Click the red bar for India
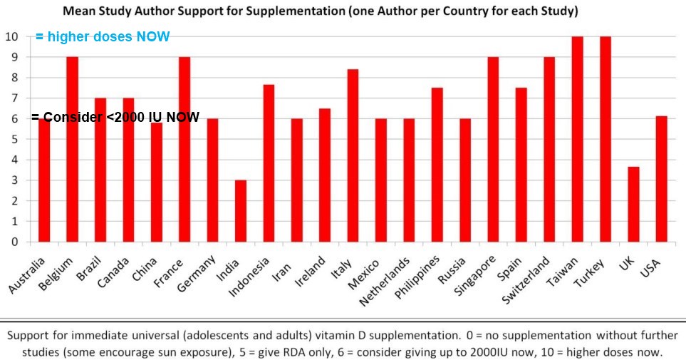click(x=241, y=211)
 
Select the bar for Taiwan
click(x=577, y=139)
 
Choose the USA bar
click(x=661, y=179)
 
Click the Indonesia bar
click(x=269, y=163)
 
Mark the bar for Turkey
click(x=605, y=139)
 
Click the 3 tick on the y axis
click(x=14, y=180)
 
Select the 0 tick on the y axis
click(x=14, y=242)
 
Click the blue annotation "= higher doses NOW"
click(x=103, y=37)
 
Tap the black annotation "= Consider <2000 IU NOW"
click(x=115, y=117)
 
